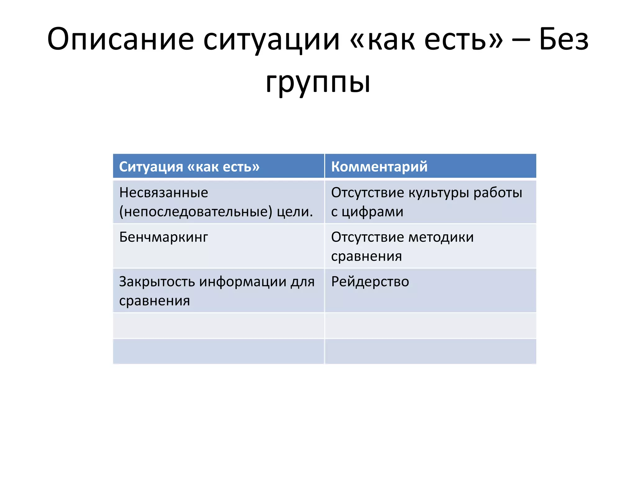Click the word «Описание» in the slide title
pyautogui.click(x=120, y=39)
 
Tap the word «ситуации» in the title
pyautogui.click(x=272, y=39)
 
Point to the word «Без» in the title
pyautogui.click(x=564, y=39)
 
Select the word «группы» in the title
pyautogui.click(x=318, y=82)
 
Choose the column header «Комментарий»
pyautogui.click(x=379, y=167)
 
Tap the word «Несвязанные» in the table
pyautogui.click(x=164, y=193)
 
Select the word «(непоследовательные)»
pyautogui.click(x=196, y=212)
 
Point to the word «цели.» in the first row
pyautogui.click(x=295, y=212)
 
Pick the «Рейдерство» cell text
pyautogui.click(x=370, y=282)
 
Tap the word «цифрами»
pyautogui.click(x=372, y=212)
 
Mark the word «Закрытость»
pyautogui.click(x=157, y=282)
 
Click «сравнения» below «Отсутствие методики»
pyautogui.click(x=366, y=257)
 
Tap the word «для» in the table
pyautogui.click(x=302, y=282)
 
